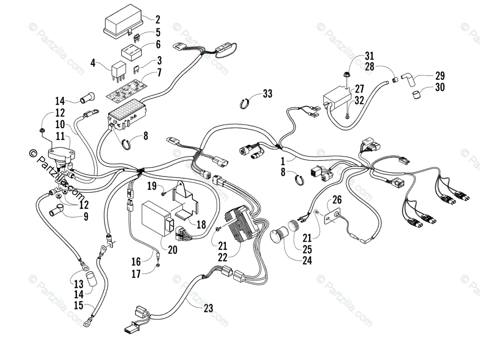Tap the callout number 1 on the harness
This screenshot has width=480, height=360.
click(x=283, y=162)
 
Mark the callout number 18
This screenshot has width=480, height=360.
click(x=201, y=224)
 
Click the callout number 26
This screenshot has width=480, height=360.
click(x=337, y=199)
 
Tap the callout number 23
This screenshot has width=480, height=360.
click(x=208, y=308)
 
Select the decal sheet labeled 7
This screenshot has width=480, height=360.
click(x=125, y=88)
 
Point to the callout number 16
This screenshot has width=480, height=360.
click(x=136, y=262)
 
